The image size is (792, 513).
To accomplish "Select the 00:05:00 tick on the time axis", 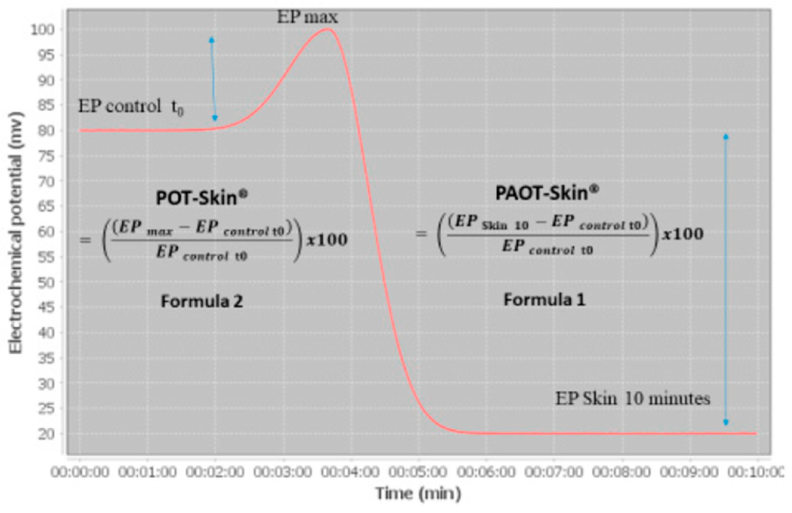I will point(418,472).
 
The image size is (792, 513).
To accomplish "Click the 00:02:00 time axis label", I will point(215,472).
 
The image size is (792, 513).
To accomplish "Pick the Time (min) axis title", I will point(418,493).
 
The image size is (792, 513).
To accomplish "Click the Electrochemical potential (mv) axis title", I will point(16,232).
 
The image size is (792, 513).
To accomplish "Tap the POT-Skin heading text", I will point(202,198).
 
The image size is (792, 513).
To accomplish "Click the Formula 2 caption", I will point(202,301).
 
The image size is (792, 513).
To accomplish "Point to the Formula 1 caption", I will point(544,300).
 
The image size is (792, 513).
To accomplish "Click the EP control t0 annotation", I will point(131,107).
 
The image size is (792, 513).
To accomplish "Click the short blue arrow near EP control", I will point(213,79).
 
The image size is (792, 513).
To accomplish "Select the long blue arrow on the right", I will point(725,279).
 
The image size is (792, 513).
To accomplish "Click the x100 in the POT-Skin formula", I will point(327,240).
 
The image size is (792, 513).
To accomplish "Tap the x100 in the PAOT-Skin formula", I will point(683,234).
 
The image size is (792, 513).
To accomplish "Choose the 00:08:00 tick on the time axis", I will point(622,472).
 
